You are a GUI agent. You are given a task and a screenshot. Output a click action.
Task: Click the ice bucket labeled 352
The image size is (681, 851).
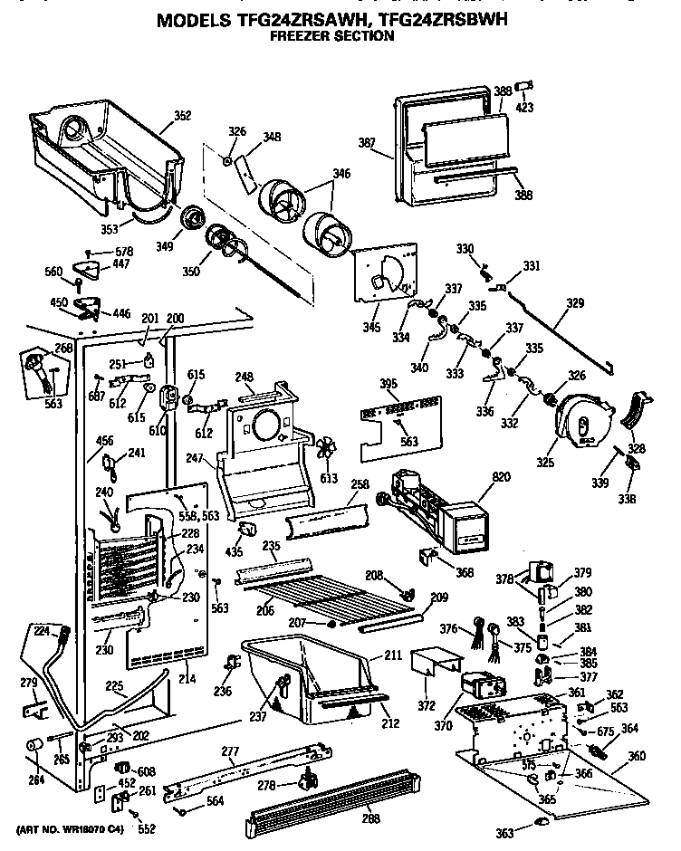pyautogui.click(x=100, y=145)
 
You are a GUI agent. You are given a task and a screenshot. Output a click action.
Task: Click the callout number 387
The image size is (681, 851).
pyautogui.click(x=367, y=142)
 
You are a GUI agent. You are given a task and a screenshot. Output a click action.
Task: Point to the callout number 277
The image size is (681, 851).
pyautogui.click(x=230, y=751)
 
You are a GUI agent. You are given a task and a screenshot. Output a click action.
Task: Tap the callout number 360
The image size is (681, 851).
pyautogui.click(x=637, y=756)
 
